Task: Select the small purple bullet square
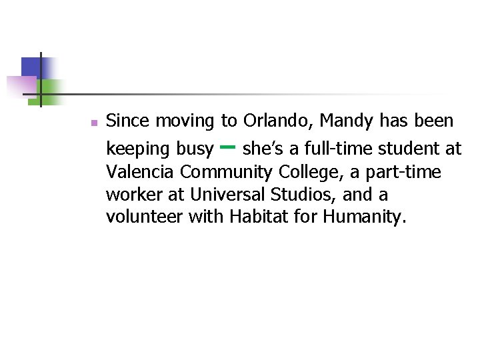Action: coord(94,123)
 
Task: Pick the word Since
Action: coord(127,121)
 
